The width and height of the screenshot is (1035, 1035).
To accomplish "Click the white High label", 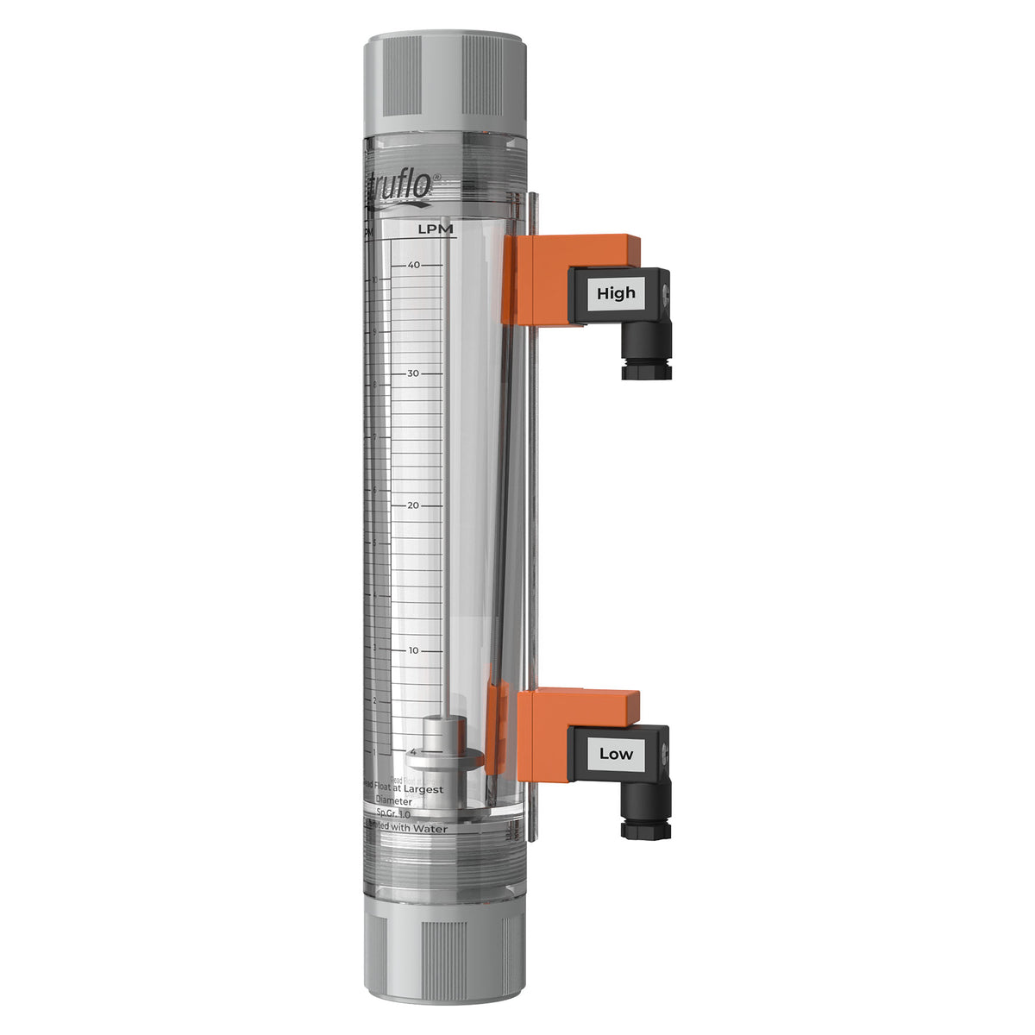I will click(x=616, y=293).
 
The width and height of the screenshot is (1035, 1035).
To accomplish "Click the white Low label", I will click(x=616, y=754).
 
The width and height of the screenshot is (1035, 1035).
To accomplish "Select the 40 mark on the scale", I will click(x=414, y=265).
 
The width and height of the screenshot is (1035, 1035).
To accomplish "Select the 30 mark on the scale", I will click(x=414, y=373).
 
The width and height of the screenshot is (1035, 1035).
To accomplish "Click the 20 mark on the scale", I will click(x=414, y=505).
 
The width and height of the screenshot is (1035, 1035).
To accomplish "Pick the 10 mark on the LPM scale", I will click(x=414, y=650).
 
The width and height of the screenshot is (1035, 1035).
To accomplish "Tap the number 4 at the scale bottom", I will click(x=413, y=751).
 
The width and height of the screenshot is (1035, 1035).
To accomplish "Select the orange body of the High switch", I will click(x=552, y=280).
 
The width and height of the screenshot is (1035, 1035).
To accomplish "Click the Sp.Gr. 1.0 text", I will click(x=394, y=813).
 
